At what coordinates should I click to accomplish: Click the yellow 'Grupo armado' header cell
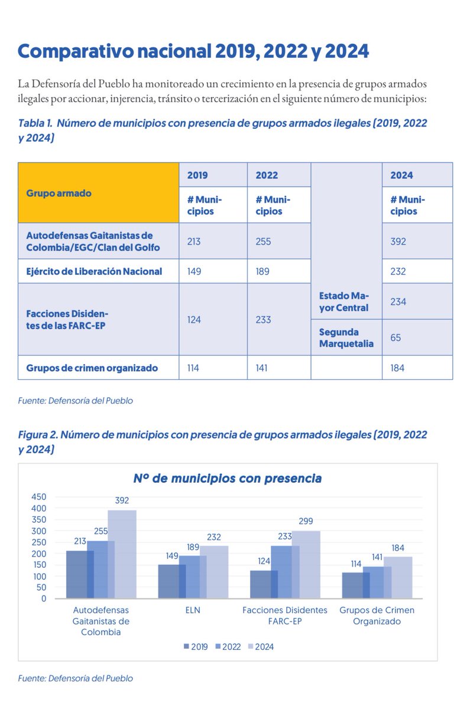tap(98, 193)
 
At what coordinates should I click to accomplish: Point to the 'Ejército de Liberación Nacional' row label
tap(94, 272)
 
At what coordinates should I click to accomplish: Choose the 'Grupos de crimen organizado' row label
tap(92, 367)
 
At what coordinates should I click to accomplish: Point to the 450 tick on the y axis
tap(39, 497)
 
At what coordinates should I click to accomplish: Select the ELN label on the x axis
tap(193, 610)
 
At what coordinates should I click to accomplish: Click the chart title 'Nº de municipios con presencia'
tap(228, 479)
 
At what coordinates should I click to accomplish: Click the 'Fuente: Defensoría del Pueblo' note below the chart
tap(76, 678)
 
